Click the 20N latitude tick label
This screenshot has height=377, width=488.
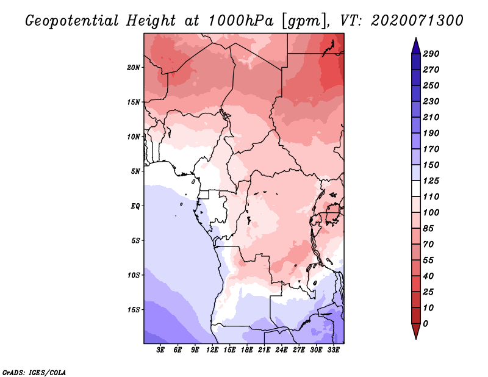coord(134,67)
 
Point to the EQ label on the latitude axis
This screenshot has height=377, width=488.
coord(135,206)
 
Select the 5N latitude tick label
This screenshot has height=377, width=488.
coord(135,171)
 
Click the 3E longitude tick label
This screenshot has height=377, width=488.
coord(160,350)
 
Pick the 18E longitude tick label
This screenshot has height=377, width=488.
coord(247,350)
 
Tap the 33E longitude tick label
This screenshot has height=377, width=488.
coord(333,350)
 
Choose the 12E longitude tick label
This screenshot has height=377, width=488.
coord(212,350)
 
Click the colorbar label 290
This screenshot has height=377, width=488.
coord(431,54)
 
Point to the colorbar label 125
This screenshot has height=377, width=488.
coord(431,181)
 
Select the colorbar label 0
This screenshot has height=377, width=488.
coord(425,324)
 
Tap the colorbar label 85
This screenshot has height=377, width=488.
coord(428,229)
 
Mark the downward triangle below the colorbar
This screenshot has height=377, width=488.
coord(416,331)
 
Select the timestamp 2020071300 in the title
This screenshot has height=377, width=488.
coord(417,21)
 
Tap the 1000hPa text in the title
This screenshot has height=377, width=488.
coord(241,21)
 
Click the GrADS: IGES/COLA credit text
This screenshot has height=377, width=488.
coord(34,373)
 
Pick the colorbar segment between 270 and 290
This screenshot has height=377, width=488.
coord(416,62)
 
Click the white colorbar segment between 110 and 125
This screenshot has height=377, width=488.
coord(416,188)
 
